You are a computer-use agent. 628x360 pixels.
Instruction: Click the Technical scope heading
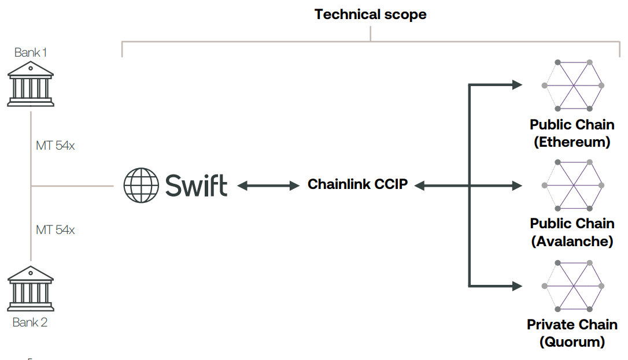click(370, 14)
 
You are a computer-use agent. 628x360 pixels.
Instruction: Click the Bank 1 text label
click(31, 53)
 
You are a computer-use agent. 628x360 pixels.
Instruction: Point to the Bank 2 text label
click(30, 322)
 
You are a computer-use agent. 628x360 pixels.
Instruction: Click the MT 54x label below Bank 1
click(56, 146)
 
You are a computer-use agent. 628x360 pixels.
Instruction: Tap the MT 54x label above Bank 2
click(56, 230)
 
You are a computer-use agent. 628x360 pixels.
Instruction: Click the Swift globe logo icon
click(141, 185)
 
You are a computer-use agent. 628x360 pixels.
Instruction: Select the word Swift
click(196, 185)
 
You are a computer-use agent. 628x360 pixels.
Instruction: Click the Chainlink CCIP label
click(358, 185)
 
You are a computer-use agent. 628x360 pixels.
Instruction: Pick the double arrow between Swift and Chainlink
click(268, 185)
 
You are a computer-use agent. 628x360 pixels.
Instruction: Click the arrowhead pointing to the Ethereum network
click(516, 85)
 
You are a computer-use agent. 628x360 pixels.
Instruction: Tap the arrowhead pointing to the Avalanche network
click(516, 185)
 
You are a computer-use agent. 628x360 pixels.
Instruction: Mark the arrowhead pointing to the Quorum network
click(516, 285)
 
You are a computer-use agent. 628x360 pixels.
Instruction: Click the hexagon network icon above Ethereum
click(573, 85)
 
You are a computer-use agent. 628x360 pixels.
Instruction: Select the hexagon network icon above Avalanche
click(573, 185)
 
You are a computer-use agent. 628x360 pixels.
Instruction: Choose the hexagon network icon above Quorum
click(573, 285)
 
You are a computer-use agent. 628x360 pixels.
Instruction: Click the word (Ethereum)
click(572, 142)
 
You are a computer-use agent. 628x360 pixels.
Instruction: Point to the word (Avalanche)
click(572, 242)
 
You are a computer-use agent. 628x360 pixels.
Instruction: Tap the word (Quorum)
click(572, 342)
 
